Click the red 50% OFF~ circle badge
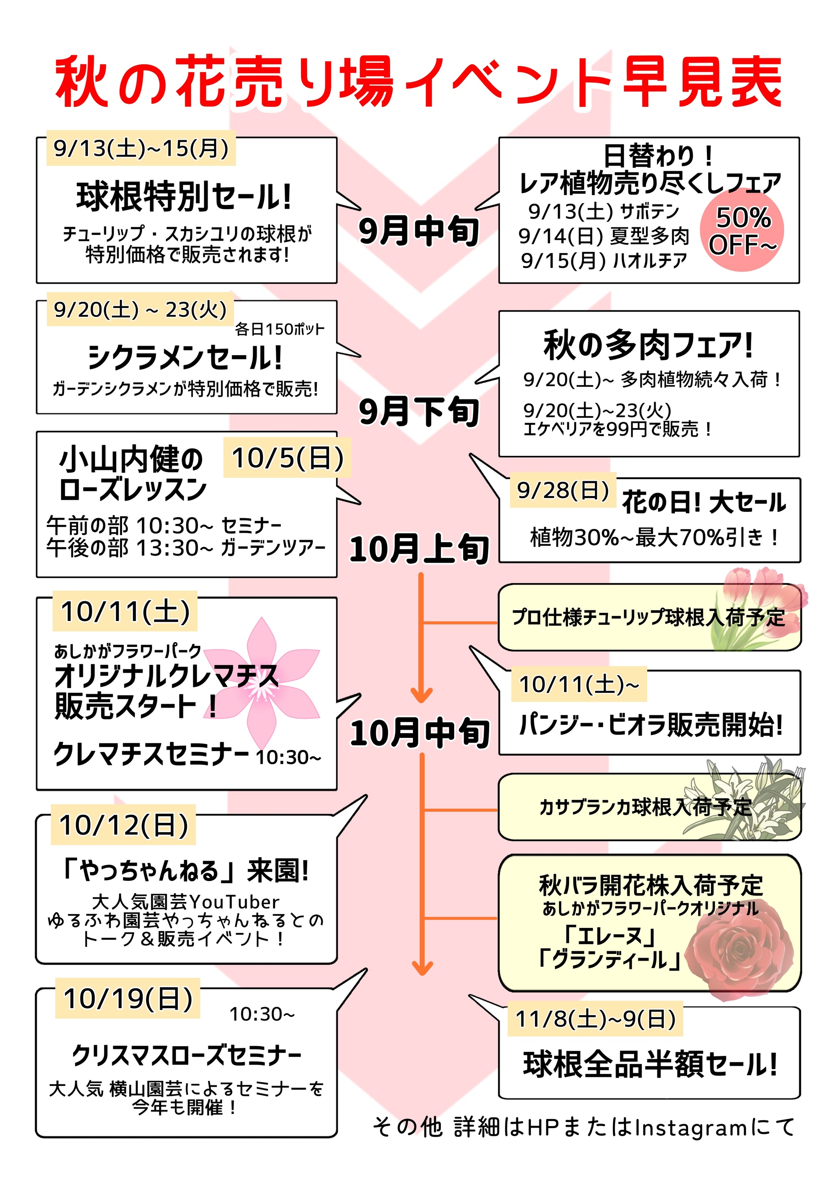coord(741,231)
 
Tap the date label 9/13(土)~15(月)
coord(140,149)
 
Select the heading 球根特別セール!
coord(184,197)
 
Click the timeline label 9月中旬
coord(418,231)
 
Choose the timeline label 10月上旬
coord(418,549)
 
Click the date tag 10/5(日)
coord(287,458)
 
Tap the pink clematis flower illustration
coord(263,685)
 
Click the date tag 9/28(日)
coord(563,490)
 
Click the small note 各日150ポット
coord(280,329)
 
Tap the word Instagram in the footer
coord(690,1127)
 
